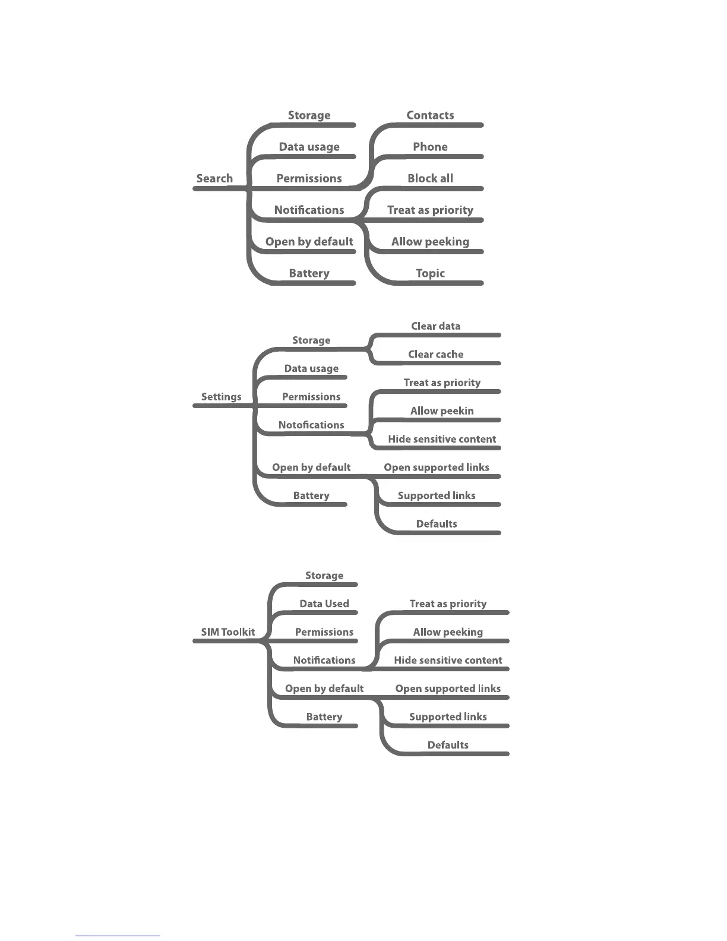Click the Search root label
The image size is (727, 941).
(x=214, y=178)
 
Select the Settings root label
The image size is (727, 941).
(x=221, y=397)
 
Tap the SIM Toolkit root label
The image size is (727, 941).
(x=227, y=632)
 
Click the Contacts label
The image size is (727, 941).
(x=430, y=115)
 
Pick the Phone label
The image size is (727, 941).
(x=430, y=147)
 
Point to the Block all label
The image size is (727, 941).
(x=430, y=178)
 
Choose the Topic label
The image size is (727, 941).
(x=430, y=273)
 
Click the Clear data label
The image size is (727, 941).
(x=435, y=326)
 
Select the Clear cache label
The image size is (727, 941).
(x=435, y=354)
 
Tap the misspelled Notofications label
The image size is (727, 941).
(x=311, y=425)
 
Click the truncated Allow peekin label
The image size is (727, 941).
(x=442, y=411)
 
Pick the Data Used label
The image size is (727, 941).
(x=324, y=604)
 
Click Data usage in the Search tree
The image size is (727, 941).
(x=309, y=147)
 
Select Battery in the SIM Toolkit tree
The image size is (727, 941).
(x=324, y=716)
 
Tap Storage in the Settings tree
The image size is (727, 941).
(x=311, y=340)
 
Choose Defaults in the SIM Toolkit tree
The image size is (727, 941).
(x=448, y=745)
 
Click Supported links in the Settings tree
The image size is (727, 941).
(x=437, y=495)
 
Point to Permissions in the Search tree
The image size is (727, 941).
(x=309, y=178)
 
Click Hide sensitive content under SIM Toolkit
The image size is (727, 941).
(x=448, y=660)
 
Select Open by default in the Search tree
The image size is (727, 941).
(x=309, y=242)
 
